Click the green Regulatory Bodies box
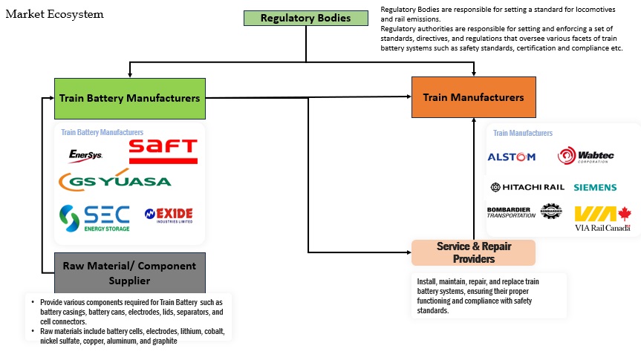coord(305,18)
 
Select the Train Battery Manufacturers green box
coord(130,98)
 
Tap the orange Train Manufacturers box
coord(473,97)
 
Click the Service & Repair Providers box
coord(473,252)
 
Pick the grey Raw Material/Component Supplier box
coord(130,272)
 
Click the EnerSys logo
coord(85,155)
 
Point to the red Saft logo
coord(163,150)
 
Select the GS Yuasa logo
coord(115,181)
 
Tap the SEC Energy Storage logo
coord(94,217)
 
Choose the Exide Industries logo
coord(169,216)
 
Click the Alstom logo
coord(511,157)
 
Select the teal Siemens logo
coord(605,188)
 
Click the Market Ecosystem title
coord(55,14)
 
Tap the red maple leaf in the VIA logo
coord(624,213)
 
